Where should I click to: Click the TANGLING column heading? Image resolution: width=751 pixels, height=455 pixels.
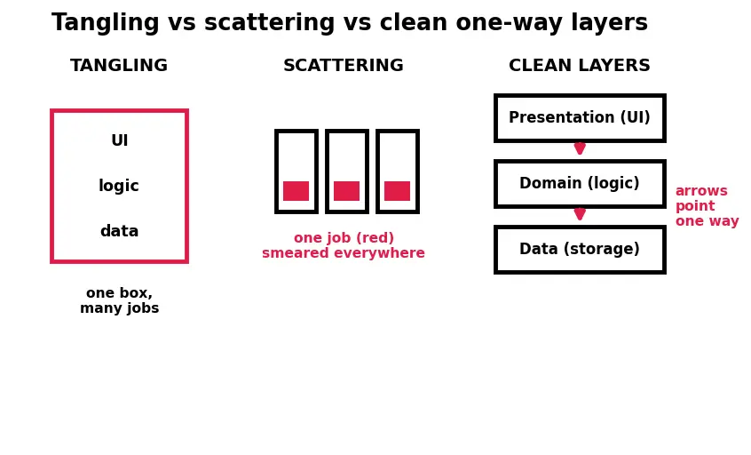click(119, 65)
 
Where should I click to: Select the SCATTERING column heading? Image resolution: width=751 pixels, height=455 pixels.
click(344, 65)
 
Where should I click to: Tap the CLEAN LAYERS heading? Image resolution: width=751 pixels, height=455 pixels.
click(580, 65)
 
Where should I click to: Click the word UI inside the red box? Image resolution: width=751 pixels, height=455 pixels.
click(119, 140)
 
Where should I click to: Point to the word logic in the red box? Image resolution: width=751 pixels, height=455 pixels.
click(119, 186)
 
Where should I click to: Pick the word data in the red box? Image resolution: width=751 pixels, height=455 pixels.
click(119, 231)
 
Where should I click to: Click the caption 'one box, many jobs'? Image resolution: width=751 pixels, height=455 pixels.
click(119, 300)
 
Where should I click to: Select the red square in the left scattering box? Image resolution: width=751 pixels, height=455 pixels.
click(296, 191)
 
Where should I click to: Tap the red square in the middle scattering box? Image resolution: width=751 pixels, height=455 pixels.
click(347, 191)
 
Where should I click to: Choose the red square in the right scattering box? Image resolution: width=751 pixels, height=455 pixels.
click(397, 191)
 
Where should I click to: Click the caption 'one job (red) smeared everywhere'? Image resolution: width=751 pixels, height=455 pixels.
click(344, 245)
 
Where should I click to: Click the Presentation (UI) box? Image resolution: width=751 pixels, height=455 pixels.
click(580, 118)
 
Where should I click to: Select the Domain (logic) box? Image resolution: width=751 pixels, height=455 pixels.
click(580, 184)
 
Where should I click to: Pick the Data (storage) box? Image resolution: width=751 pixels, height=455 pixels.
click(580, 250)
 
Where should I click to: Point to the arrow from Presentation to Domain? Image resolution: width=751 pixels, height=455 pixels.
click(580, 148)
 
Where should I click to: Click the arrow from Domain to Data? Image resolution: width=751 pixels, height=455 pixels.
click(580, 214)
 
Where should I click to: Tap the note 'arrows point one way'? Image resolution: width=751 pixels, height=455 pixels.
click(707, 205)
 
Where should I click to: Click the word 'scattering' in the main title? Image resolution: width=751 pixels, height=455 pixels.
click(269, 22)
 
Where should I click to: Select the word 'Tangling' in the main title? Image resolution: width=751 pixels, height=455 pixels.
click(106, 22)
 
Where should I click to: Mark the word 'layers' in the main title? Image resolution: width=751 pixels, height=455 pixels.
click(609, 22)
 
